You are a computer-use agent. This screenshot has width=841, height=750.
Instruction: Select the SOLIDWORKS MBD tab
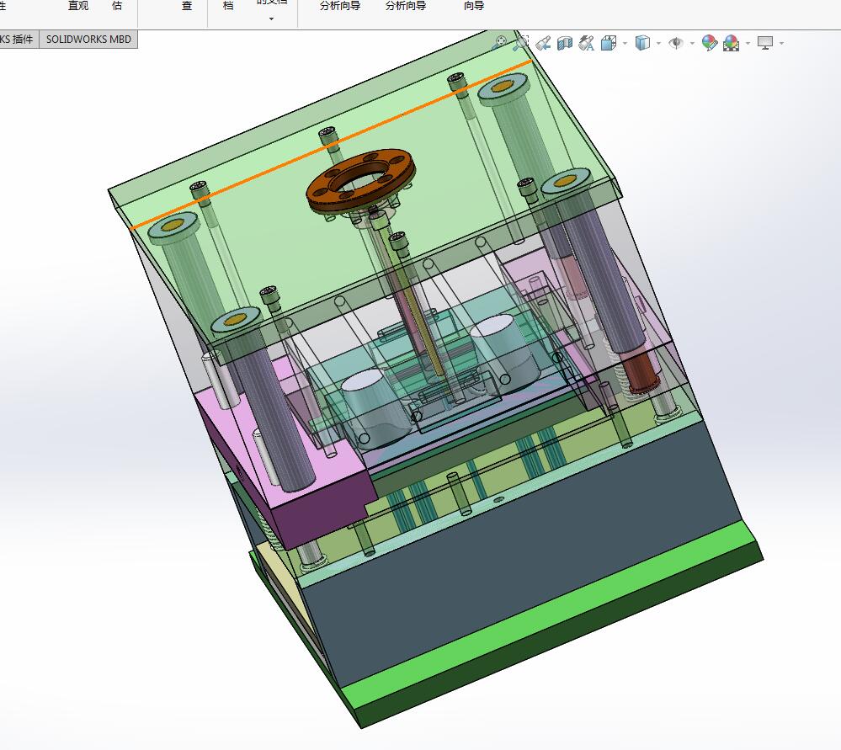(88, 39)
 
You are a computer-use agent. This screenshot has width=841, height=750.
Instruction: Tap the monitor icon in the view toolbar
(765, 43)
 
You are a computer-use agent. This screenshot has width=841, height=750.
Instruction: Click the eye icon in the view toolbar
(675, 43)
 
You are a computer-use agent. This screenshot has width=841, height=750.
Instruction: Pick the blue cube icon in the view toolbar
(642, 43)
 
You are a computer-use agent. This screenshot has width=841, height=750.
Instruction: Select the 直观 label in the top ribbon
(78, 6)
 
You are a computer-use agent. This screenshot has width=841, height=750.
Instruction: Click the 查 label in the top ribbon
(187, 6)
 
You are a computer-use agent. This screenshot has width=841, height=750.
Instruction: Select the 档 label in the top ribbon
(228, 6)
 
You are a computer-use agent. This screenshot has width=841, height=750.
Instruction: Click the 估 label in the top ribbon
(116, 6)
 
